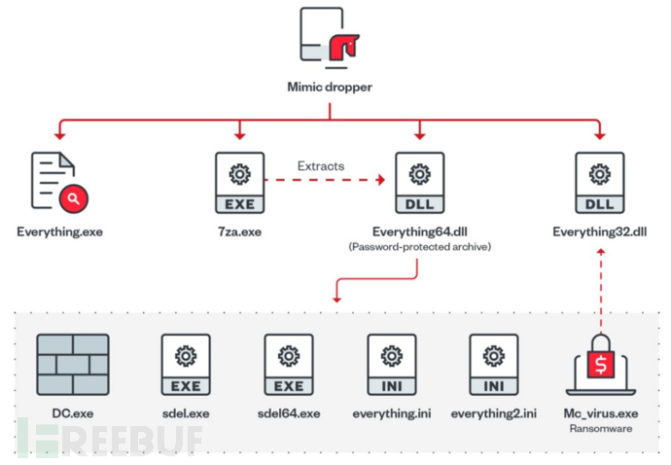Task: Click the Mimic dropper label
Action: coord(330,87)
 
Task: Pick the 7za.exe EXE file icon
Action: coord(239,183)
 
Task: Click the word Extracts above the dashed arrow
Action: coord(320,166)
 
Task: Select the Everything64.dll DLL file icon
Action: coord(420,183)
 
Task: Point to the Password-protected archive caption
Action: coord(420,247)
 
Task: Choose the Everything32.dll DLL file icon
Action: coord(600,183)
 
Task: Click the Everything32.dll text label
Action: coord(600,232)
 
